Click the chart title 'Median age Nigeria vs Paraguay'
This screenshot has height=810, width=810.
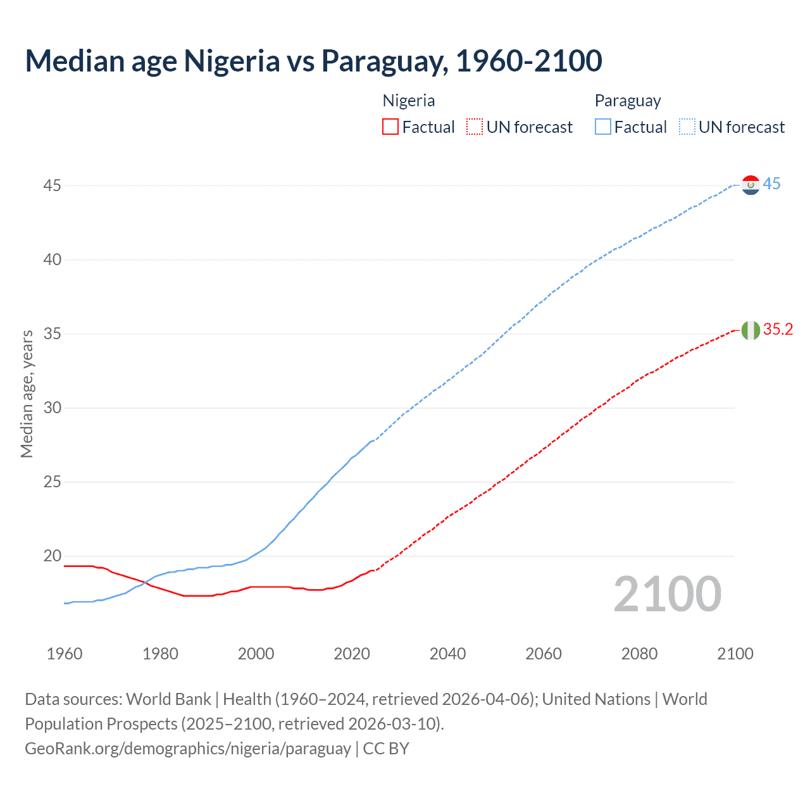(x=313, y=61)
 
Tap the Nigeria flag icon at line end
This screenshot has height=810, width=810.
(x=751, y=330)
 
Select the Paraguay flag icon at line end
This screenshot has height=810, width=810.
(x=751, y=185)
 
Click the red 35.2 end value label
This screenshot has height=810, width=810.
(x=778, y=330)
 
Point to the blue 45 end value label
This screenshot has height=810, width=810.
(x=771, y=184)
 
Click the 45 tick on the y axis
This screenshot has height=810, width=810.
(x=53, y=186)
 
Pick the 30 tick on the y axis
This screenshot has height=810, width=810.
(x=53, y=408)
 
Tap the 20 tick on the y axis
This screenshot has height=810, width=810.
(x=53, y=556)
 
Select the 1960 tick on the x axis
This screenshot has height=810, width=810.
(x=65, y=654)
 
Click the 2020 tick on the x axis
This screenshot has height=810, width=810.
(x=352, y=654)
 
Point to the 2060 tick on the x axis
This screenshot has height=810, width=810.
(x=544, y=654)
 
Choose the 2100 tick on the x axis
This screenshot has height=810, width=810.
(x=735, y=654)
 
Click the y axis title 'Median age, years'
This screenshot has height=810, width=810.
(x=27, y=394)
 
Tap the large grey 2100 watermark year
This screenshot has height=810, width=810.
(x=667, y=594)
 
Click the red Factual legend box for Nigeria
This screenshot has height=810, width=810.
(x=390, y=127)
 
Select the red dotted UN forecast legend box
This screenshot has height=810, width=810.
(x=475, y=127)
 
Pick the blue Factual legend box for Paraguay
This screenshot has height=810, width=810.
(x=603, y=127)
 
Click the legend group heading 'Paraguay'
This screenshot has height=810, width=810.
(x=628, y=101)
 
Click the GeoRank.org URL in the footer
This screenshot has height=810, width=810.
(x=188, y=749)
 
